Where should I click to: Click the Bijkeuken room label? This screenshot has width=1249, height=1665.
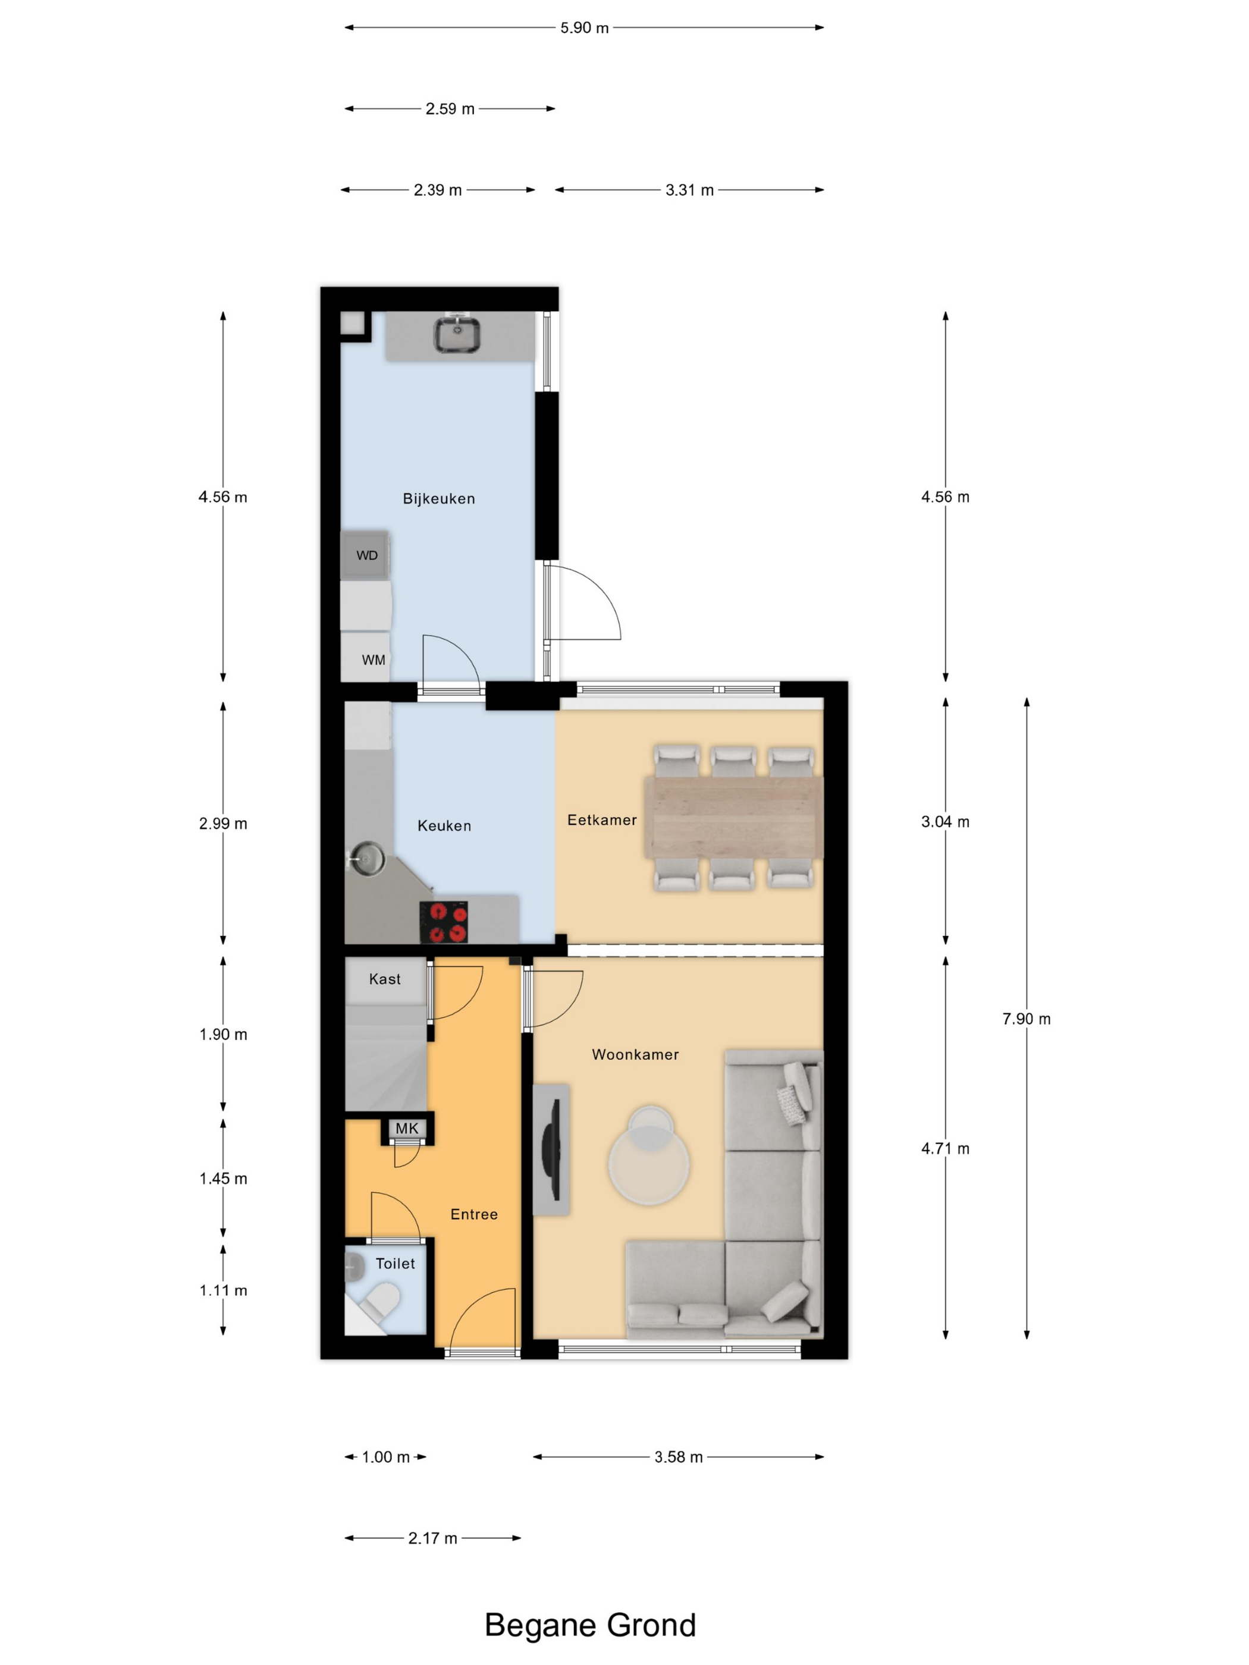coord(438,498)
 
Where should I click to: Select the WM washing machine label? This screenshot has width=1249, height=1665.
coord(374,660)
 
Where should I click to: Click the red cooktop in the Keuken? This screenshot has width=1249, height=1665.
coord(444,922)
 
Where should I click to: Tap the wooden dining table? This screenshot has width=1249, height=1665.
coord(733,818)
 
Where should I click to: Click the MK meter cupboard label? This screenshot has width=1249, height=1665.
coord(407,1128)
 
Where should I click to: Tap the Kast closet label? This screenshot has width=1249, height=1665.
coord(385,979)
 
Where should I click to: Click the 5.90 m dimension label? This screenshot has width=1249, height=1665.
coord(584,28)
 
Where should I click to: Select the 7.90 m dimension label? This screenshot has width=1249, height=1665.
coord(1026,1019)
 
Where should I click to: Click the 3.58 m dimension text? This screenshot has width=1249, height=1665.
coord(679,1456)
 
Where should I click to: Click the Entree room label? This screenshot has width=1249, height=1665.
coord(473,1214)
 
